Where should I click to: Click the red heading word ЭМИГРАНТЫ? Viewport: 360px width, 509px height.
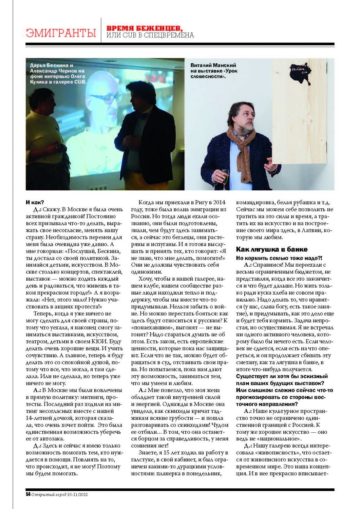tap(61, 33)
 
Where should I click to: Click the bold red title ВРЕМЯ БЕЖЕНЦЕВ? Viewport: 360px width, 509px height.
tap(145, 28)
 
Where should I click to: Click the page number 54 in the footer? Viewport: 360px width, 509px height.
tap(28, 494)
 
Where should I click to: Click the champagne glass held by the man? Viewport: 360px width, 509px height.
tap(225, 174)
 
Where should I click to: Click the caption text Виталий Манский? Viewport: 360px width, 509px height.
tap(213, 65)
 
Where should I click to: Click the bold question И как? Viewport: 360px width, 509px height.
tap(35, 202)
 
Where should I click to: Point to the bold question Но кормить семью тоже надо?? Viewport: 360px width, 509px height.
tap(279, 258)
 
